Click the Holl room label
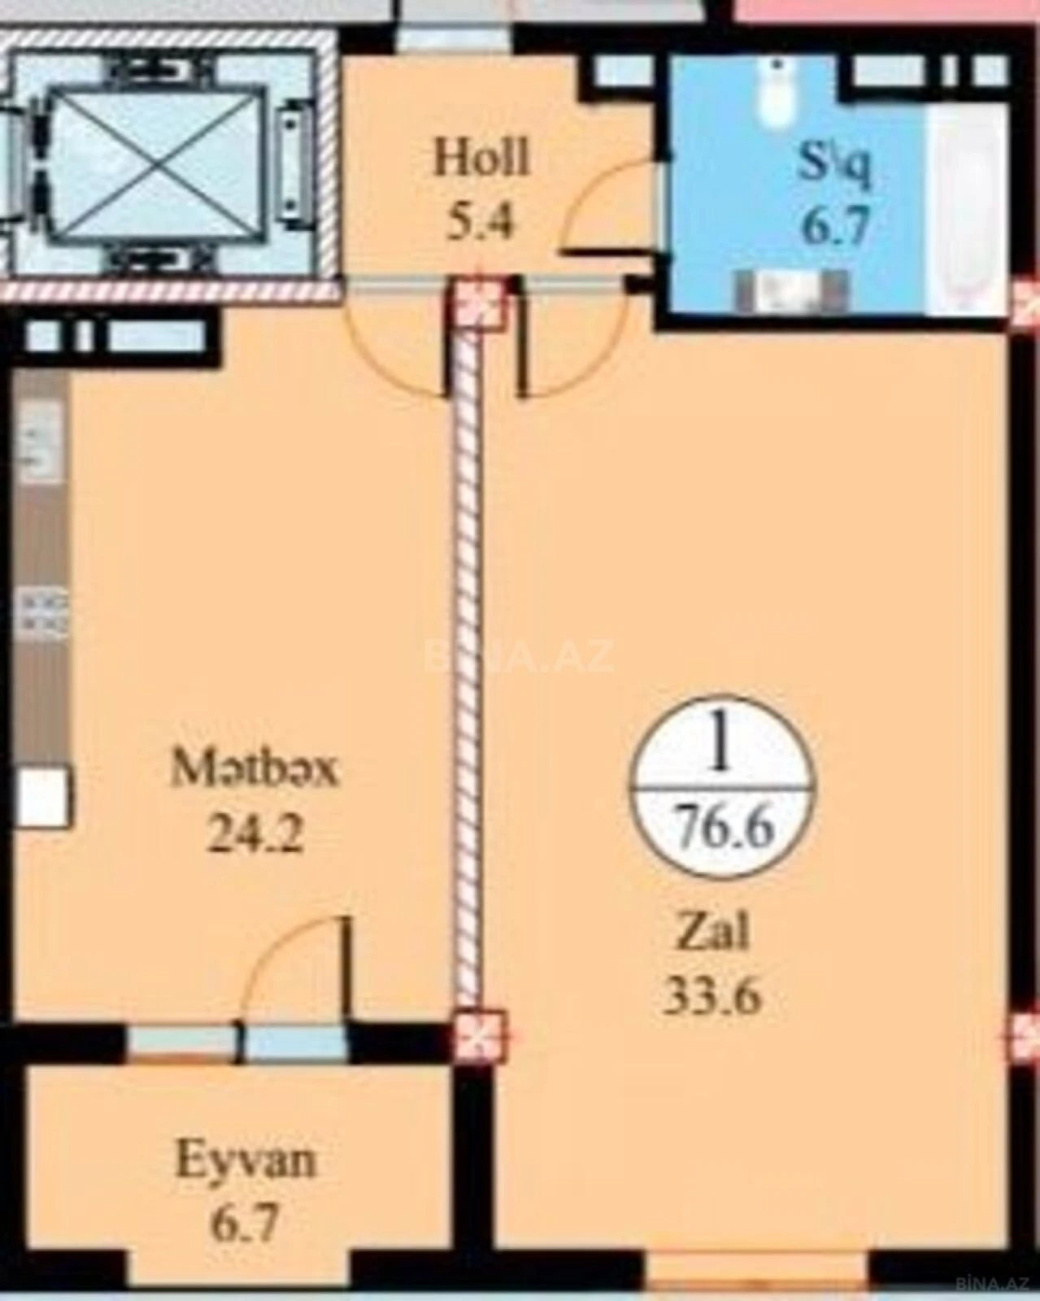tap(481, 158)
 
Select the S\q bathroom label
tap(835, 165)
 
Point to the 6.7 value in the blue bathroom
tap(835, 225)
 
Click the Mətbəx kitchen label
tap(254, 769)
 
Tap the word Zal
tap(713, 933)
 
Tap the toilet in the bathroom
tap(777, 96)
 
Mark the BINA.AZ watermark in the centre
tap(520, 657)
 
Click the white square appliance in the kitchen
tap(42, 798)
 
